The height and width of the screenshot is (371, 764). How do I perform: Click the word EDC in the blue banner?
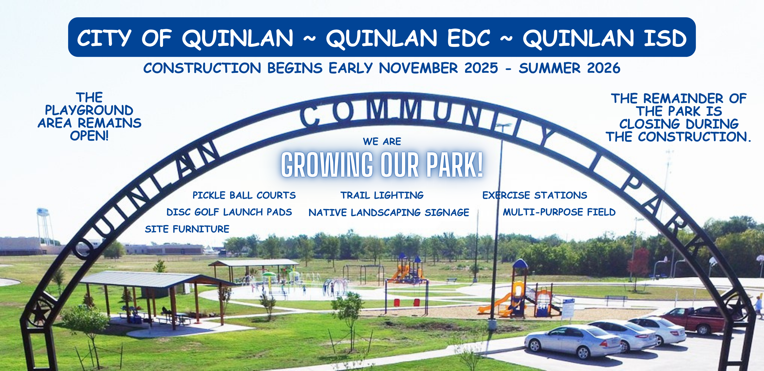(469, 38)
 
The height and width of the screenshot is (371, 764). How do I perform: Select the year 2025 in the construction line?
(481, 68)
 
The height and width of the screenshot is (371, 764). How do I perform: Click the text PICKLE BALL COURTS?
(244, 195)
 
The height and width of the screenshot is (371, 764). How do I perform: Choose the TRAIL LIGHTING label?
(382, 195)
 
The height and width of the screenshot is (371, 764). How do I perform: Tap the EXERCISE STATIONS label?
(534, 195)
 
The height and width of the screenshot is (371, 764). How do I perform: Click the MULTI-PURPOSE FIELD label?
(559, 212)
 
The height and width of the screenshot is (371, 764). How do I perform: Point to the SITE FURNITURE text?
(187, 229)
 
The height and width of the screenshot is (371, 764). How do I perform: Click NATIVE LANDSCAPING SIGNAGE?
(389, 212)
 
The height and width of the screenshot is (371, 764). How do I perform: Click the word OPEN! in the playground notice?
(89, 136)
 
